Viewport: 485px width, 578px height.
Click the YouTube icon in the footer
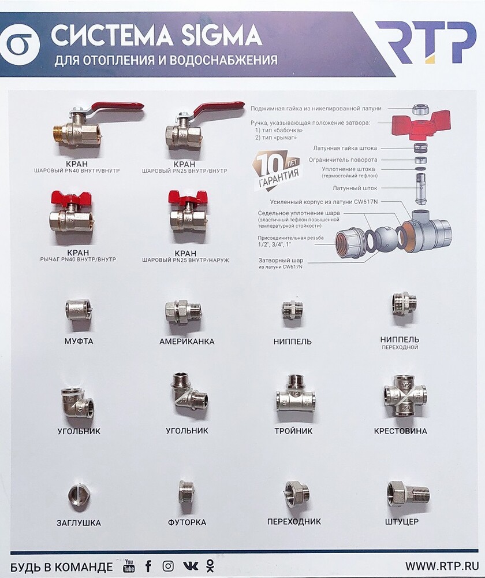point(129,565)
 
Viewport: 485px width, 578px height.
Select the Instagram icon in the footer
point(168,565)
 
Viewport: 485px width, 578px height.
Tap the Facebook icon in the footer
point(148,566)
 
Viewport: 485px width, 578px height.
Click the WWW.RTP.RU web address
point(442,565)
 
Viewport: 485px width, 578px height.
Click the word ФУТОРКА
point(186,523)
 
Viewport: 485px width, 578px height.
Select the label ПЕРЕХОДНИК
point(294,521)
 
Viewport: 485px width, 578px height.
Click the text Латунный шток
point(355,188)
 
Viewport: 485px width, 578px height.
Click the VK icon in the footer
point(190,566)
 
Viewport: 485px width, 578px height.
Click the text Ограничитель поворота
point(343,160)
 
